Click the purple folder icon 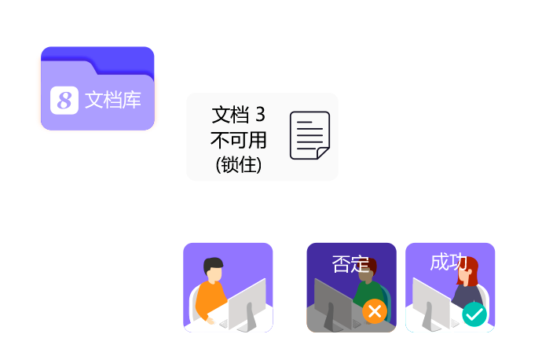[97, 88]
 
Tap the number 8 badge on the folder [65, 101]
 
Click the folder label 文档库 [113, 101]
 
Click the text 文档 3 [238, 116]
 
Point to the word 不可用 [238, 140]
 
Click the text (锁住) [238, 165]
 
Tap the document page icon [309, 135]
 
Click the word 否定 [350, 263]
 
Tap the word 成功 [449, 263]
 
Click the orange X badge [375, 312]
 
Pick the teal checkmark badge [474, 314]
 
